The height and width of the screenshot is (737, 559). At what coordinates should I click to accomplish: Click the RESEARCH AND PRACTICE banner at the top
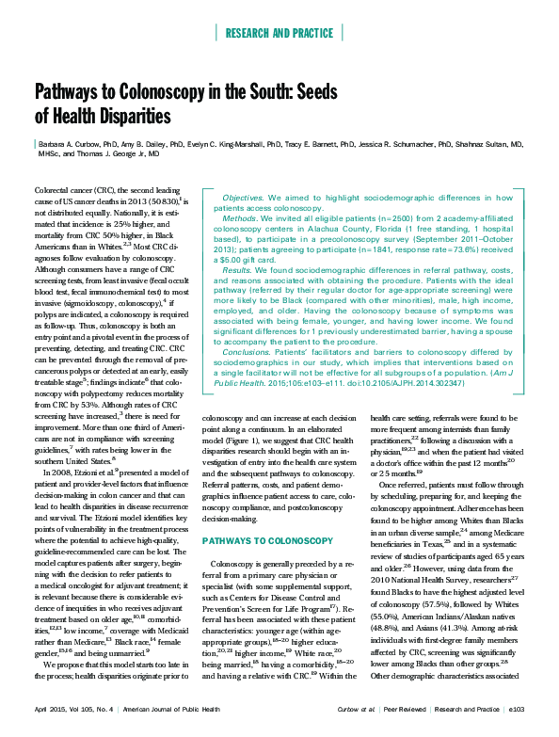[279, 34]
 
